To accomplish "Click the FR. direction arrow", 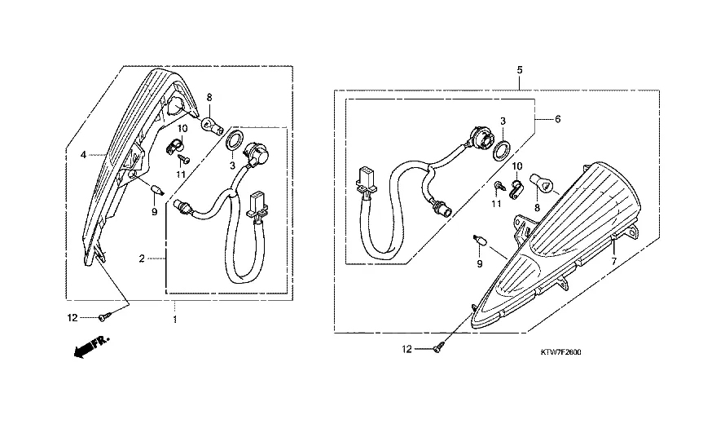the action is pos(91,346).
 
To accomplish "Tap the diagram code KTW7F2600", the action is pos(561,352).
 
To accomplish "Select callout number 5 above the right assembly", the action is pos(520,70).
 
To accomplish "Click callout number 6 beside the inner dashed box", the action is pos(558,119).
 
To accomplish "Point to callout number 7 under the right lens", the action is pos(614,262).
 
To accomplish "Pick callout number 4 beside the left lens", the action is pos(83,155).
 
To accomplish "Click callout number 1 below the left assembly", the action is pos(175,320).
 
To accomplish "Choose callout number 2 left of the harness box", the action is pos(142,258).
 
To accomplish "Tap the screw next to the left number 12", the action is pos(103,317).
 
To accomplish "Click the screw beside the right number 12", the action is pos(439,348).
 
